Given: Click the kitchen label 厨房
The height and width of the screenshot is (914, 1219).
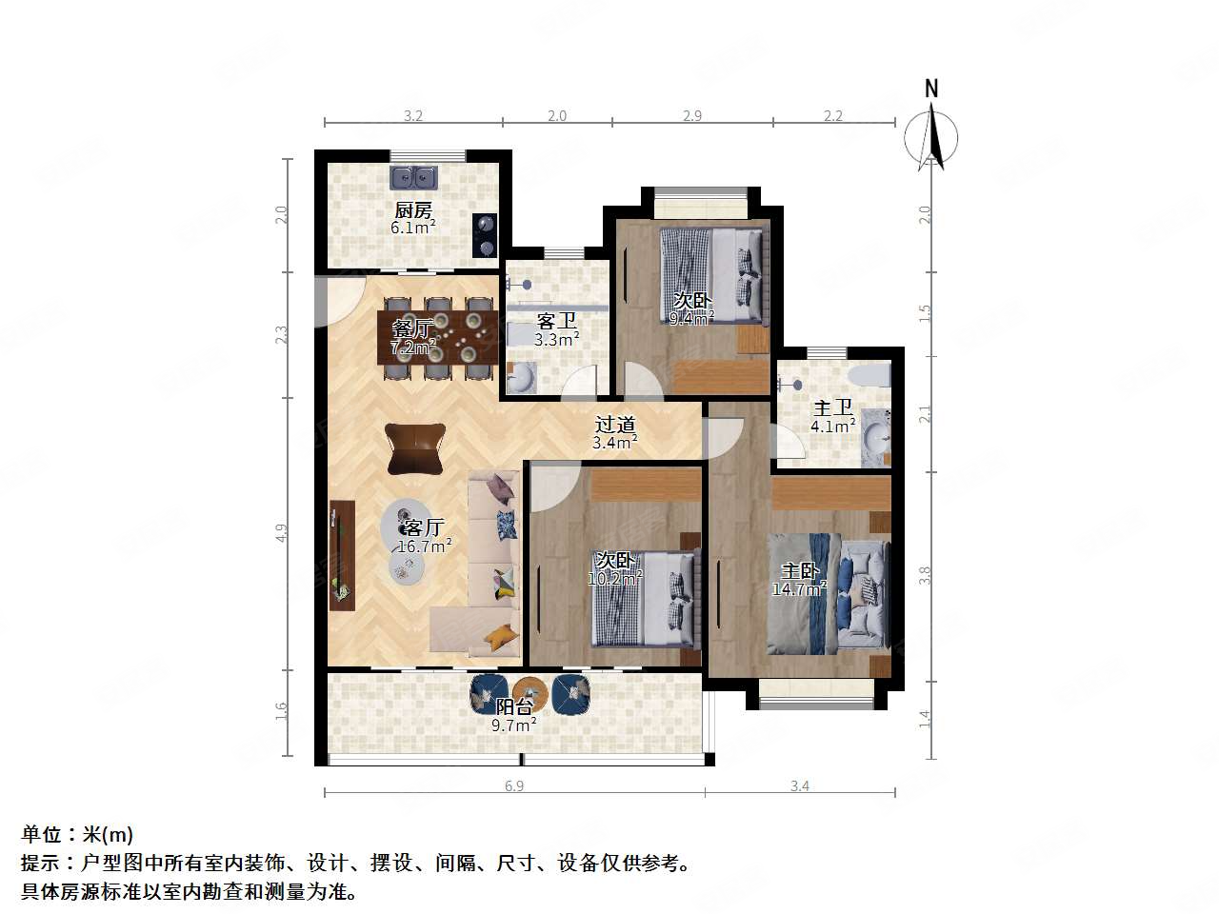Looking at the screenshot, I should click(413, 210).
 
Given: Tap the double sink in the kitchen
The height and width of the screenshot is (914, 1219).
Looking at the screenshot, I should click(413, 177).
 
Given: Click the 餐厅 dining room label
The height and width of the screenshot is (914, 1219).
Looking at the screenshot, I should click(412, 329).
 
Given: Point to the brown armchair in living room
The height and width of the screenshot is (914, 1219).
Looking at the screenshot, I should click(415, 448).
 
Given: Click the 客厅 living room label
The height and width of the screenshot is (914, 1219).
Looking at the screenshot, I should click(423, 527).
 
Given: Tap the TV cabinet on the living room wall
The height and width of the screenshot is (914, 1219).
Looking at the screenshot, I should click(341, 555).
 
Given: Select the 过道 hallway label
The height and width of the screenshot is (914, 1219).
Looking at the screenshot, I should click(614, 425).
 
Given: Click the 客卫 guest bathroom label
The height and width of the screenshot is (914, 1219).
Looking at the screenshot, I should click(556, 321).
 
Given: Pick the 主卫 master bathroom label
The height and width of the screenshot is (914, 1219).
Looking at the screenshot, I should click(832, 407).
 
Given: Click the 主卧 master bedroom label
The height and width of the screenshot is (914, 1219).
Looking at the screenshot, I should click(800, 571).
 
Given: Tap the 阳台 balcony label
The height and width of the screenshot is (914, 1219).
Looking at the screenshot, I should click(514, 707).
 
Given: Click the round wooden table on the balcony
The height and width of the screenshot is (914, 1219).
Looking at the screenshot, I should click(530, 692).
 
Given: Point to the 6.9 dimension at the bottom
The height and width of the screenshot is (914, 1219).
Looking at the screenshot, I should click(514, 785).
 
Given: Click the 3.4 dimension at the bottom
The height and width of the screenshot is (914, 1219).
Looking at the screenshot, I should click(800, 785).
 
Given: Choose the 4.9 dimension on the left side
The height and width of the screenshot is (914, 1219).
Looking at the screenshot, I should click(282, 533).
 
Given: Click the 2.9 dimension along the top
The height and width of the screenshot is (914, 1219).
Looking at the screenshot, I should click(692, 115).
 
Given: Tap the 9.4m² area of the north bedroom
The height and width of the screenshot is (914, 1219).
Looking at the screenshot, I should click(690, 319).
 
